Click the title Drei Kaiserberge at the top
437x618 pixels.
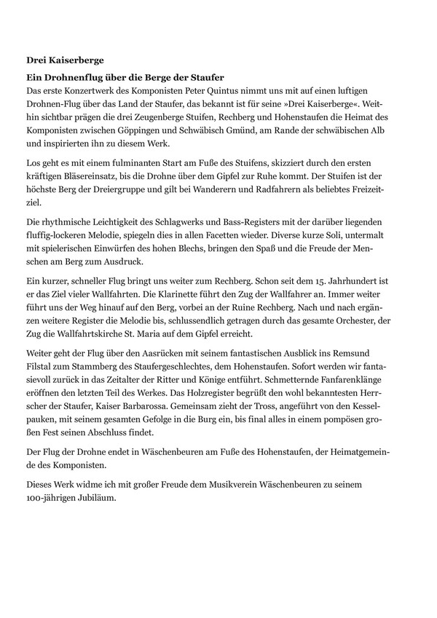[x=64, y=60]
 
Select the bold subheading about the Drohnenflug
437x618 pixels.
[x=125, y=77]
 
